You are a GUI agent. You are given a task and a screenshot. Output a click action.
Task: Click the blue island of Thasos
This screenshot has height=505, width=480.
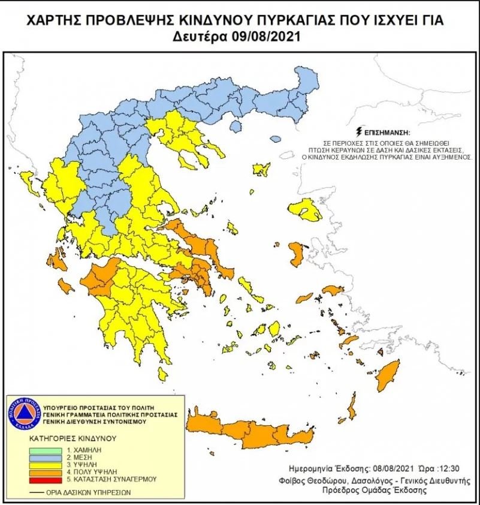(236, 126)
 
